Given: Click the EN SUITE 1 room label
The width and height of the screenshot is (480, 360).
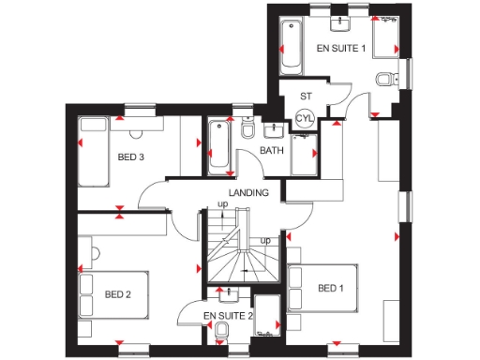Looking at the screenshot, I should [x=340, y=48].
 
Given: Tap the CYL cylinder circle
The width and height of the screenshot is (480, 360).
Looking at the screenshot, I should [x=304, y=119].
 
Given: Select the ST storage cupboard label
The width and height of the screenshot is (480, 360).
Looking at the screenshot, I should [x=306, y=96].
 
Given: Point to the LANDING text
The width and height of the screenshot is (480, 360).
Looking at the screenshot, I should [x=247, y=192].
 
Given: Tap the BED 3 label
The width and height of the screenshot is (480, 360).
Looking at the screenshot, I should [x=130, y=157].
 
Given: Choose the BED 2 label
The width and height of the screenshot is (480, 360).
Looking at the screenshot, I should [x=117, y=294].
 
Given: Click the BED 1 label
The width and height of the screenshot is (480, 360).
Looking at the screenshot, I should [x=330, y=288].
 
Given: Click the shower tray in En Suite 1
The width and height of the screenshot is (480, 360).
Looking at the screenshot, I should [x=386, y=38].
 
